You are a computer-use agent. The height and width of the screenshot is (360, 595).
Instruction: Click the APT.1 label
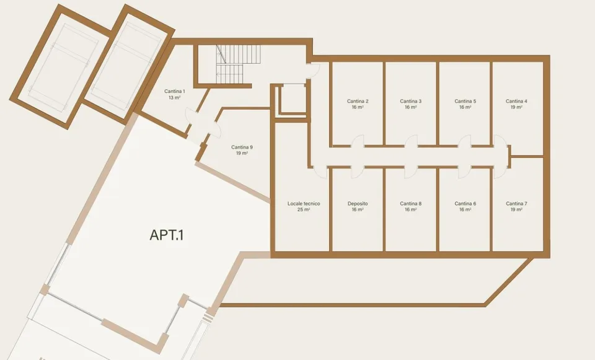pos(167,235)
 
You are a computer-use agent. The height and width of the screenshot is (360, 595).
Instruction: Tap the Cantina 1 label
pos(175,92)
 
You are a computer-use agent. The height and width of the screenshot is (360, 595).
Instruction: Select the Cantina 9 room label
pos(242,147)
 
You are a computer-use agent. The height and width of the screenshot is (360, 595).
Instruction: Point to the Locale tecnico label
pos(304,204)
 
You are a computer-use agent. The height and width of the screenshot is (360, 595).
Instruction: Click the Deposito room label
pos(358,204)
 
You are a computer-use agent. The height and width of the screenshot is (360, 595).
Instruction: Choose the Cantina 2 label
pos(358,101)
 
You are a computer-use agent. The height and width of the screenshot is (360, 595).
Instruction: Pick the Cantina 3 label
pos(410,101)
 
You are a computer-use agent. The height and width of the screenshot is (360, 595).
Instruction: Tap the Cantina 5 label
pos(465,101)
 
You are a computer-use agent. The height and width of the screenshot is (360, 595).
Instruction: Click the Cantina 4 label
pos(516,101)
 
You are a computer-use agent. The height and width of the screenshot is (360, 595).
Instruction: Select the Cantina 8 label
pos(410,204)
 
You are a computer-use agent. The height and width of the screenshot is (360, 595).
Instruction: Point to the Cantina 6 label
pos(465,204)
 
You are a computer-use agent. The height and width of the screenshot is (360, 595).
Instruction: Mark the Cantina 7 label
pos(516,204)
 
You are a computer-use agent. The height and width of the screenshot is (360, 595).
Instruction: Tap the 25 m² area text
pos(304,210)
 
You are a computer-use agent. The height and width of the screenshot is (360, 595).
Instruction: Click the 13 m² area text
pos(175,97)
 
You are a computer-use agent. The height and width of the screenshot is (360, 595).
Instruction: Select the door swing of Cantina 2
pos(358,141)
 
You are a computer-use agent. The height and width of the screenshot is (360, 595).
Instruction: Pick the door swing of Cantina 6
pos(464,172)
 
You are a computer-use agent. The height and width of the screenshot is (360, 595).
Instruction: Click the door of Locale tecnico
pos(320,172)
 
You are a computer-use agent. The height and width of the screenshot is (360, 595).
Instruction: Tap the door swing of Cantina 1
pos(190,116)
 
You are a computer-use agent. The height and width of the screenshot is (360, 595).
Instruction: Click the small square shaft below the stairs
pos(293,99)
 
